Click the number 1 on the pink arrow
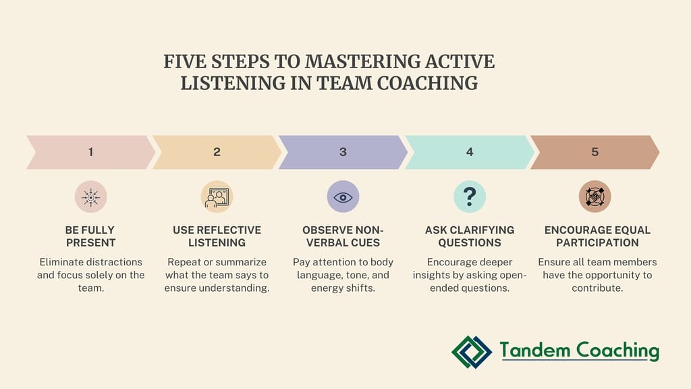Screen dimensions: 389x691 90,152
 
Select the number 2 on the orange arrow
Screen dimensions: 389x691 217,152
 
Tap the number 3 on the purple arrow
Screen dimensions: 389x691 343,152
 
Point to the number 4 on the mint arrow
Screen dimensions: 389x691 470,152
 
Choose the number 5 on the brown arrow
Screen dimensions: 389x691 595,152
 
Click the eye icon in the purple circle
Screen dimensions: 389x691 343,197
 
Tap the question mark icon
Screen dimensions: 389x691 470,197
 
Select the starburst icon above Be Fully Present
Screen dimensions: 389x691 90,197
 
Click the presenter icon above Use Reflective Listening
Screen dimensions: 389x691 217,197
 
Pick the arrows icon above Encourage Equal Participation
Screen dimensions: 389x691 595,197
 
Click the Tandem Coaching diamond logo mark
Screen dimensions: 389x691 472,351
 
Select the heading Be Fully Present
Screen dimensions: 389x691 90,236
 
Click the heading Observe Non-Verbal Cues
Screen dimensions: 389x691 343,236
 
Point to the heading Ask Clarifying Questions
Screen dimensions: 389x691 470,236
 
